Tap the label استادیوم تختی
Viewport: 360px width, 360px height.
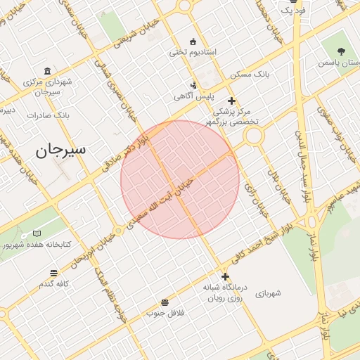(x=193, y=52)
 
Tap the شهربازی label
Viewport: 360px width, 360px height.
(x=268, y=292)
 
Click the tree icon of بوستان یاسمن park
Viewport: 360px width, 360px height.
(x=341, y=51)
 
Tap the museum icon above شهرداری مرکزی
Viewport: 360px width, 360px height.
(x=47, y=71)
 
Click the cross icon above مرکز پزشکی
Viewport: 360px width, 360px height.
(x=231, y=101)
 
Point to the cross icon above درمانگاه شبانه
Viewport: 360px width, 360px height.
(x=225, y=276)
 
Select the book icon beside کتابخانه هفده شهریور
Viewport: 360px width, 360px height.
(x=37, y=233)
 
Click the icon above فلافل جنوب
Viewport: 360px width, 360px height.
(x=165, y=302)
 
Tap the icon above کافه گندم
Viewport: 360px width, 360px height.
(x=54, y=274)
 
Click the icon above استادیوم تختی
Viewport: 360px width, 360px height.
(x=193, y=40)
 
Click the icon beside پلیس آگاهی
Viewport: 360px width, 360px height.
(x=194, y=85)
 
